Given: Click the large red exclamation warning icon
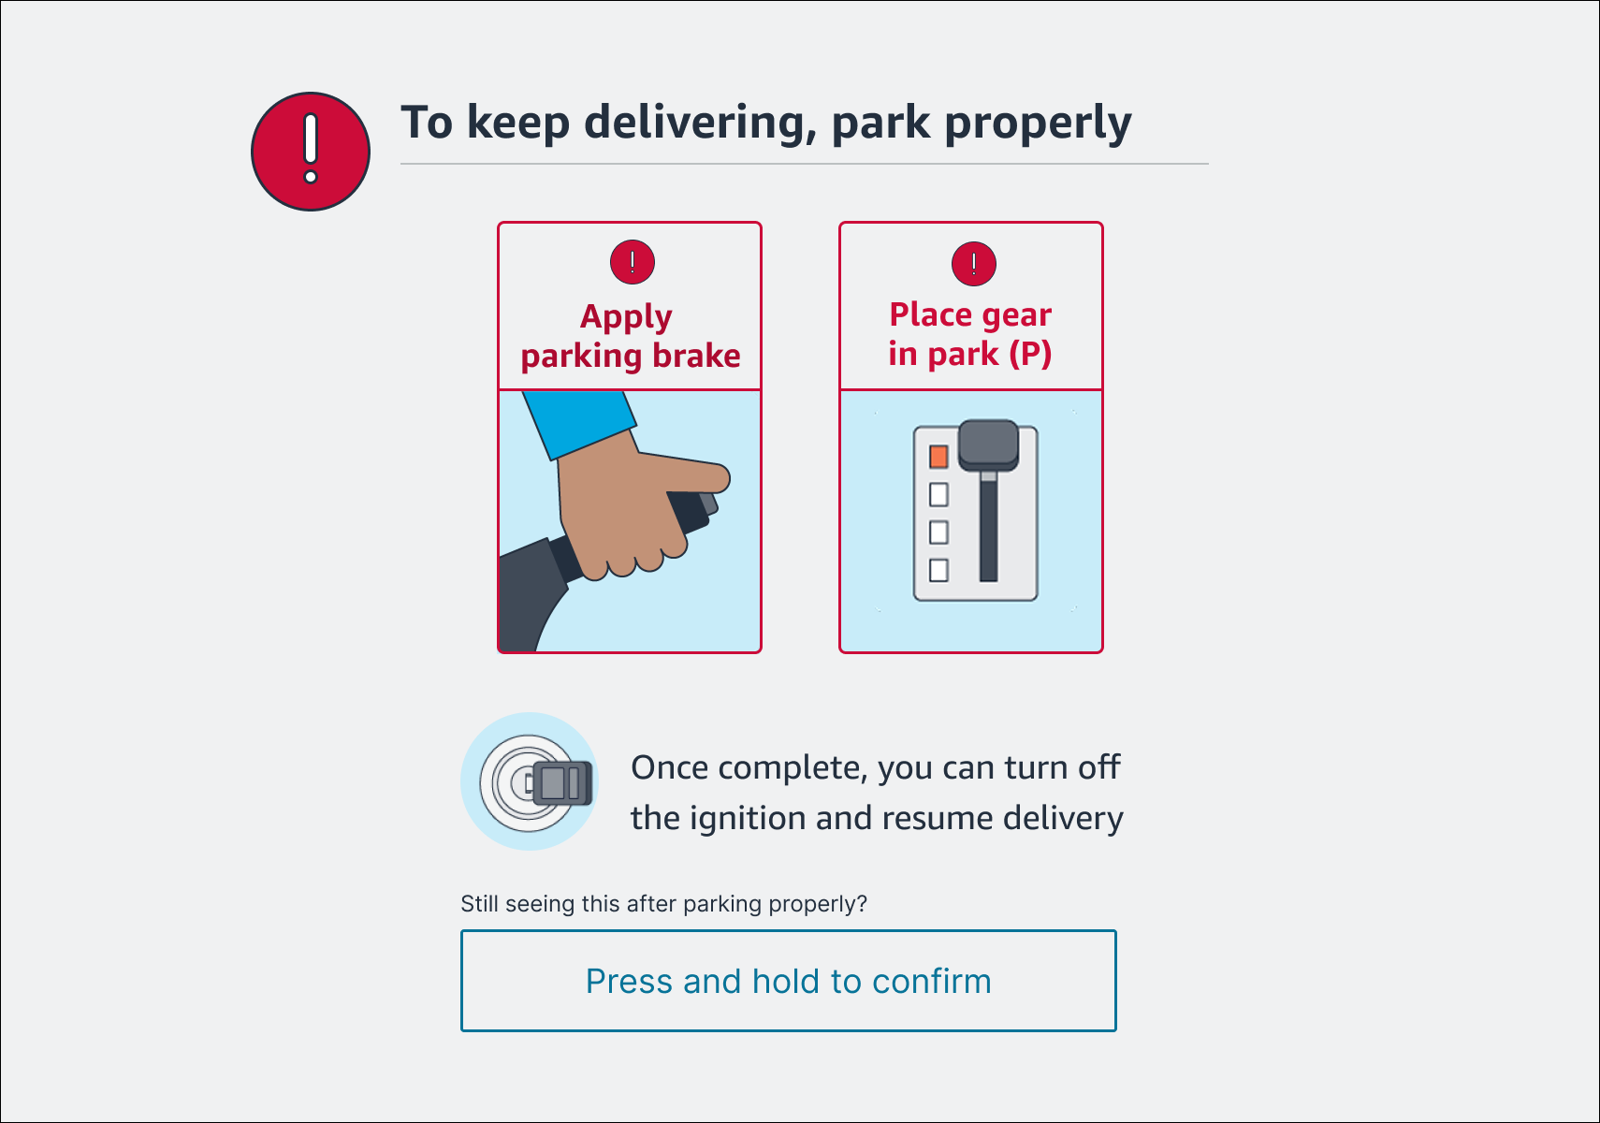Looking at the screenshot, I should click(x=311, y=152).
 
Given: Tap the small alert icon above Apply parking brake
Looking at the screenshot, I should click(x=633, y=262).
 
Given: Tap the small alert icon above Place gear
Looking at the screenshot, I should click(x=973, y=264).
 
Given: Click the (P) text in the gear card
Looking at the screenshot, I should click(x=1030, y=354).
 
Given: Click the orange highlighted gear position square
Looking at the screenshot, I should click(x=938, y=457).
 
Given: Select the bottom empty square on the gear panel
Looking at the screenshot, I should click(x=938, y=570).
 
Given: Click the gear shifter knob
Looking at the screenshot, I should click(x=988, y=443).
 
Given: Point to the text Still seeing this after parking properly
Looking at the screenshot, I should click(x=663, y=904).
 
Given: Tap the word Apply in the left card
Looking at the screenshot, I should click(x=626, y=317).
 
